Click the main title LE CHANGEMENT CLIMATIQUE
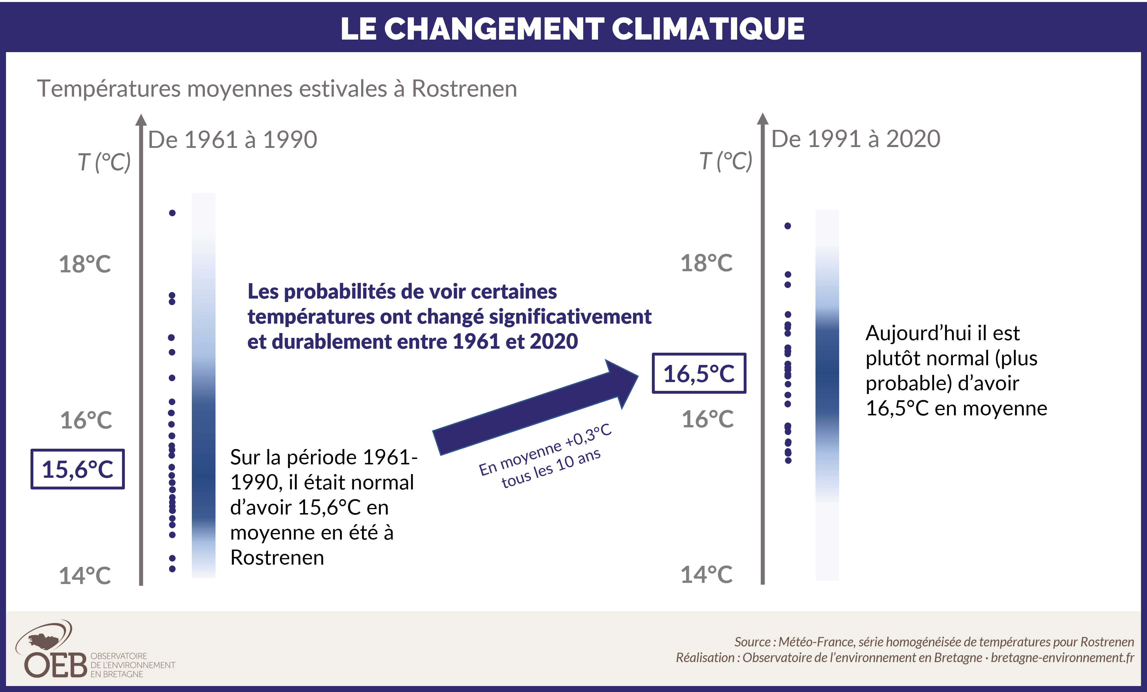tap(573, 29)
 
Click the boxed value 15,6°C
tap(78, 469)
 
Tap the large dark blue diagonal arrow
tap(535, 407)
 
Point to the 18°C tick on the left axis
tap(85, 264)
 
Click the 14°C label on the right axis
tap(706, 575)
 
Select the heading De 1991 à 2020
tap(856, 139)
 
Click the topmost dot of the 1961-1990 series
tap(172, 213)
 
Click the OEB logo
tap(56, 652)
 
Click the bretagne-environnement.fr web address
tap(1062, 658)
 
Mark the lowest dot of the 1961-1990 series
tap(172, 569)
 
